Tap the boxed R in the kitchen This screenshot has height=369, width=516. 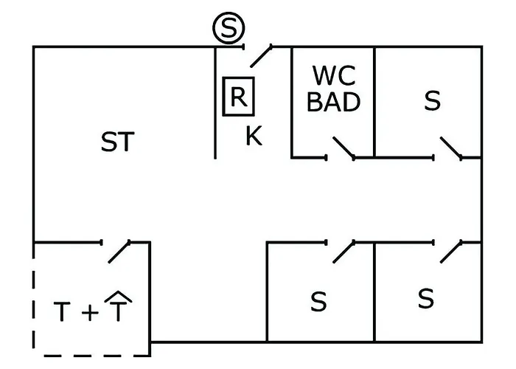[x=238, y=97]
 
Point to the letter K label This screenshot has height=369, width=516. [x=254, y=136]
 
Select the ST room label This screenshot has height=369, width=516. [x=118, y=142]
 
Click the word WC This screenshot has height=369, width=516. [x=334, y=76]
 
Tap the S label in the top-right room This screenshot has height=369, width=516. [x=432, y=101]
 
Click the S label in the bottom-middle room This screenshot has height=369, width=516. [x=318, y=302]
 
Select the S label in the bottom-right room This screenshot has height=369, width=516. [x=425, y=299]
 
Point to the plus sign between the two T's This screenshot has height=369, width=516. [x=88, y=313]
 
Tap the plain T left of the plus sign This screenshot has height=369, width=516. [x=63, y=313]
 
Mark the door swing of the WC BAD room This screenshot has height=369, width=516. [x=344, y=148]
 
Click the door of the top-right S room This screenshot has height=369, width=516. [x=451, y=148]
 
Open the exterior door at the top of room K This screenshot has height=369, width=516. [x=259, y=55]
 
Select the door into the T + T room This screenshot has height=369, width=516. [x=119, y=251]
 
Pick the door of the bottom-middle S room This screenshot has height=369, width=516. [x=344, y=251]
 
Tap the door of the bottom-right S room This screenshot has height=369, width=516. [x=451, y=251]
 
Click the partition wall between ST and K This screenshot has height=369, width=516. [x=215, y=103]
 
